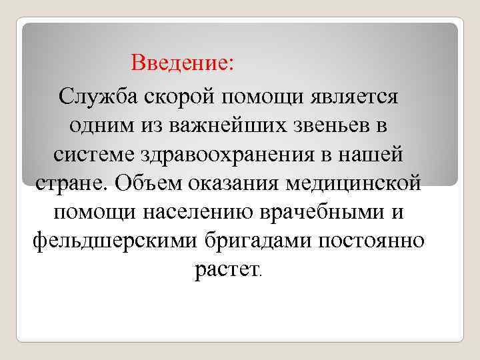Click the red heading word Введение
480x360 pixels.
(182, 63)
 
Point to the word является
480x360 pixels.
(354, 96)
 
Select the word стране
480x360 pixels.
(69, 183)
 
